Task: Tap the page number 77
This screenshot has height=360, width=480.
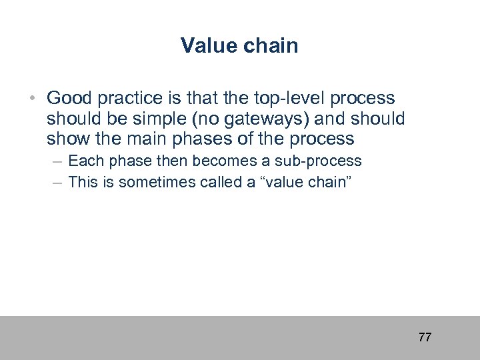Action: pos(425,337)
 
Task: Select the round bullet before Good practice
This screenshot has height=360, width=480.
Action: pos(32,99)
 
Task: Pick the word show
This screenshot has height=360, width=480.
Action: pos(67,139)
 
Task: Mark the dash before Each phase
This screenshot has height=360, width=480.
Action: pos(57,161)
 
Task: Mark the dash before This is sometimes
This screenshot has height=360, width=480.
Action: pos(57,182)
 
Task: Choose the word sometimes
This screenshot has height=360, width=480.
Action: pos(143,182)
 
